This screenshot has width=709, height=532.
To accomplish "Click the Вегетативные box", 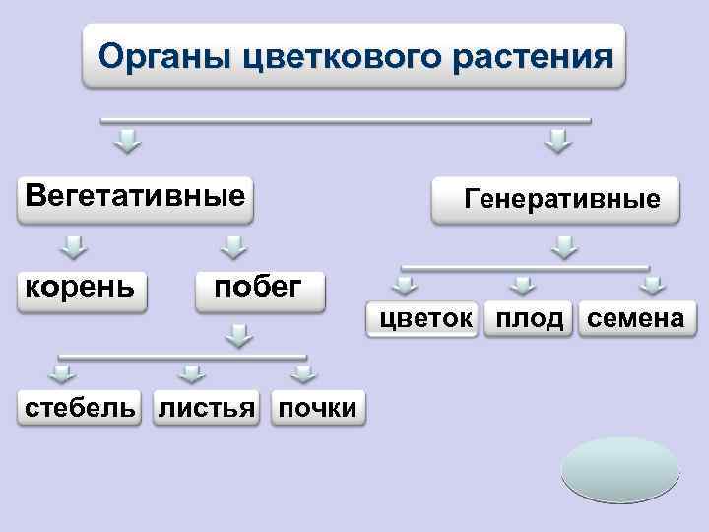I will pyautogui.click(x=136, y=195).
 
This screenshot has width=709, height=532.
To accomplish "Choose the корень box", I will pyautogui.click(x=82, y=288).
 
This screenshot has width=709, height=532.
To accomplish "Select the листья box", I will pyautogui.click(x=207, y=407).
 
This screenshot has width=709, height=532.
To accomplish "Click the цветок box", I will pyautogui.click(x=424, y=319).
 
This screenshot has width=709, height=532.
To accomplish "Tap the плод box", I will pyautogui.click(x=530, y=319).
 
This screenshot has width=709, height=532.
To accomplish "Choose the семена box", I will pyautogui.click(x=636, y=319).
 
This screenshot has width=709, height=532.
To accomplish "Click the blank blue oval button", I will pyautogui.click(x=620, y=471).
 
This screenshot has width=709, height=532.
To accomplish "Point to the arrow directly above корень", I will pyautogui.click(x=73, y=245).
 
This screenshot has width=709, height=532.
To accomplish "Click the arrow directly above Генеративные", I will pyautogui.click(x=559, y=140).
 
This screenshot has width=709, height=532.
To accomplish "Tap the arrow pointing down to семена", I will pyautogui.click(x=651, y=286).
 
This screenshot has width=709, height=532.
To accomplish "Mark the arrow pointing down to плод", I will pyautogui.click(x=523, y=286).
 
